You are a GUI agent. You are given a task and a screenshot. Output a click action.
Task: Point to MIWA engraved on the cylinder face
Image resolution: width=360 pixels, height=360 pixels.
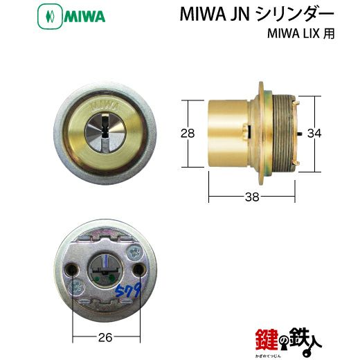pyautogui.click(x=102, y=107)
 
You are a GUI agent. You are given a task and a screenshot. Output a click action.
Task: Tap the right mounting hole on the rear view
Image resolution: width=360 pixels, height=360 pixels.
pyautogui.click(x=139, y=267)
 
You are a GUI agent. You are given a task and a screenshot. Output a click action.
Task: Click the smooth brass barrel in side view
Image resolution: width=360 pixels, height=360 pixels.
pyautogui.click(x=228, y=132)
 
